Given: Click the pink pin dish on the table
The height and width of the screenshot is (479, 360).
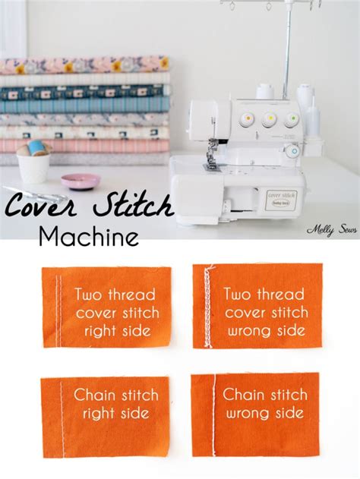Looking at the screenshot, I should point(80,181).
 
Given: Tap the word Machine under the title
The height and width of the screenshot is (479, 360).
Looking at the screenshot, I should point(89,237).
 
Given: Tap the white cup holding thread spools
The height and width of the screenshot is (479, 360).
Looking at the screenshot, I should point(34,166).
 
